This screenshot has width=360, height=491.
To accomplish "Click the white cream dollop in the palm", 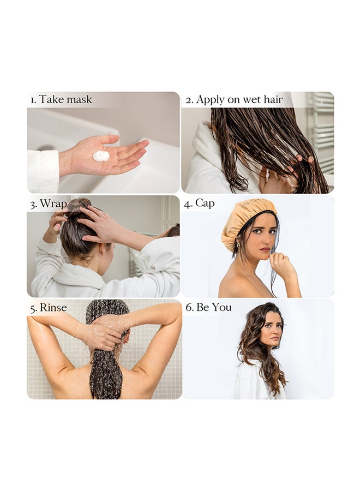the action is click(x=101, y=155).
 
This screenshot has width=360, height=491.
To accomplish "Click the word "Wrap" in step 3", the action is click(x=53, y=204).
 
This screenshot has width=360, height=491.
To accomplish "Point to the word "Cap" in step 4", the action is click(x=205, y=203).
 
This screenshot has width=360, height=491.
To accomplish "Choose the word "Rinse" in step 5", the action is click(x=53, y=308).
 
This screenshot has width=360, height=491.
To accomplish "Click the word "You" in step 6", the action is click(x=221, y=307).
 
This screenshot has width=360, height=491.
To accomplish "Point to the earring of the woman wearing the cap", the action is click(x=238, y=244).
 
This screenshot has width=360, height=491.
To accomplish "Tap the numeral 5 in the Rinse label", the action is click(x=33, y=308).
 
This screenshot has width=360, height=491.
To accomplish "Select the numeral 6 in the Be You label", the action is click(x=189, y=307).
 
